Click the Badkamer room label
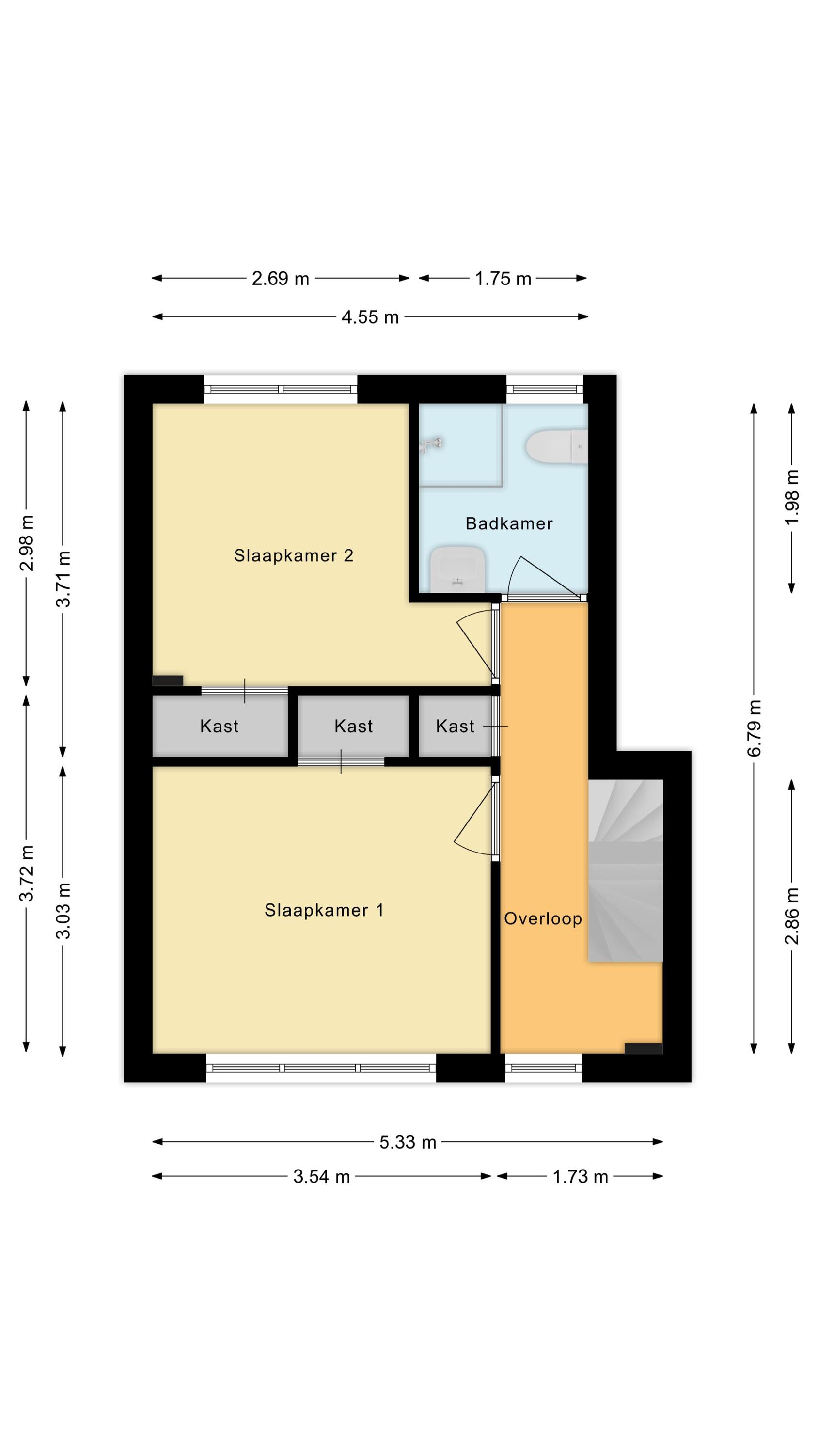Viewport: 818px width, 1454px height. point(509,523)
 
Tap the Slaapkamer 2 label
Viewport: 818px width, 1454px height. point(294,555)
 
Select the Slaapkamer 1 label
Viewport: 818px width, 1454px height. point(324,910)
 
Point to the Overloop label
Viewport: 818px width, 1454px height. point(543,918)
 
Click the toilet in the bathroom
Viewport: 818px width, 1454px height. point(557,447)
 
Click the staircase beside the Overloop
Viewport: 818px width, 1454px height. point(625,870)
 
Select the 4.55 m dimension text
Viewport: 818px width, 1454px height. point(370,317)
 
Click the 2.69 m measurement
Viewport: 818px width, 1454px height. point(281,278)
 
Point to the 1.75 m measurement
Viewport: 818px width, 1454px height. point(503,278)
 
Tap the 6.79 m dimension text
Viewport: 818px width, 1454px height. point(755,728)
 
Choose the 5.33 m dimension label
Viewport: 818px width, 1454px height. point(408,1142)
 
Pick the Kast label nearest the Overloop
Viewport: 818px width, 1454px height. point(455,726)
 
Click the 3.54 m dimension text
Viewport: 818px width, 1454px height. point(322,1177)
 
